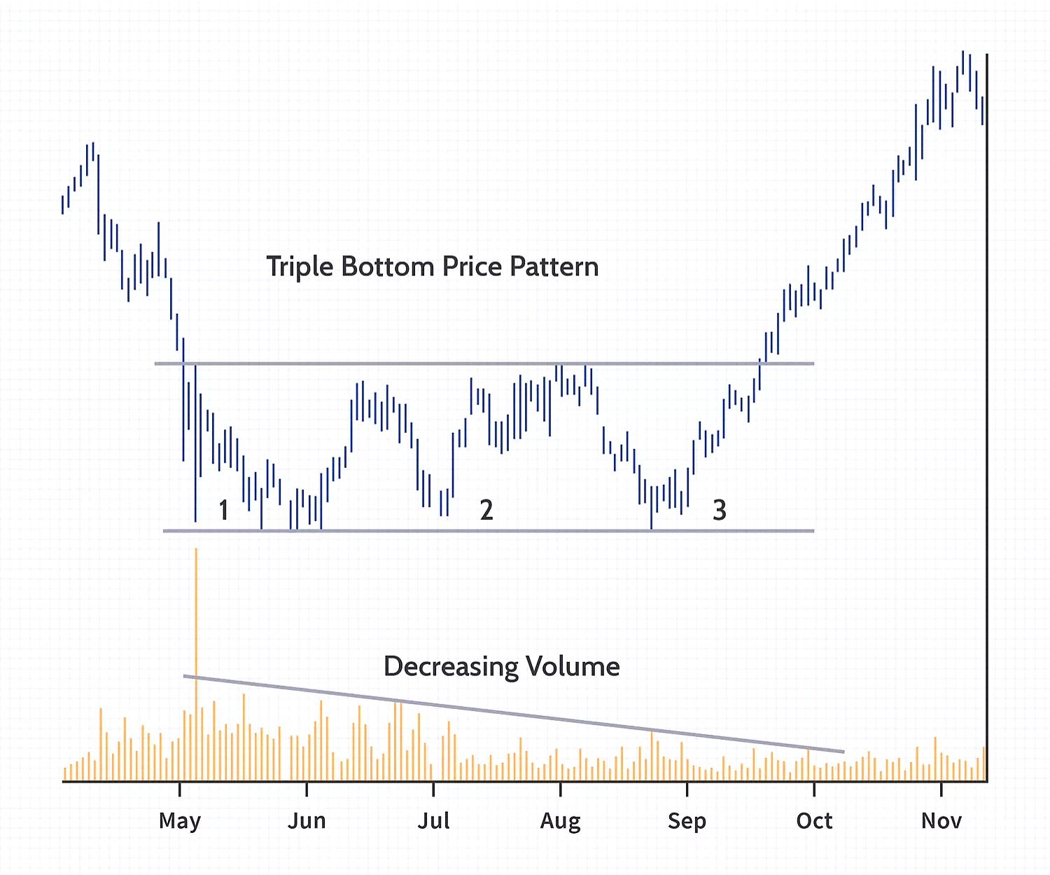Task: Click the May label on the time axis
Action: pos(180,820)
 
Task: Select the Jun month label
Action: pos(307,820)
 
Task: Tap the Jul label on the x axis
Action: pos(433,820)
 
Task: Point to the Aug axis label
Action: pos(560,821)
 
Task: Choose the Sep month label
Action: pos(687,820)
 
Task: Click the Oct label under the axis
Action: pos(814,820)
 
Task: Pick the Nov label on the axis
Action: pos(941,820)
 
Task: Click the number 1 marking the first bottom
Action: pos(223,510)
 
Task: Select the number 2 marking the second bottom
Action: pos(486,510)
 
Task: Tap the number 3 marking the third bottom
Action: pos(720,510)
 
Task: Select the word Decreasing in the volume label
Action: pos(451,666)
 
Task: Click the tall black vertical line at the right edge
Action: pos(987,420)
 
